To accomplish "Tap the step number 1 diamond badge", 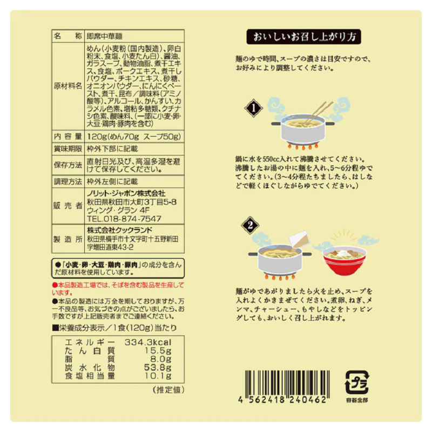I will [252, 110].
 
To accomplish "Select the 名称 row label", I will [67, 36].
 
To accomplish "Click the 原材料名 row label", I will [67, 86].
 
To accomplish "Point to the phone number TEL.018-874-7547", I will [124, 219].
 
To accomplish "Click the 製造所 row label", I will [67, 239].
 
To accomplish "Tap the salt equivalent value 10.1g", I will [160, 376].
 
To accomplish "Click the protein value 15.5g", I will [160, 351].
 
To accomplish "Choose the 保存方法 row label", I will [67, 165].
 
